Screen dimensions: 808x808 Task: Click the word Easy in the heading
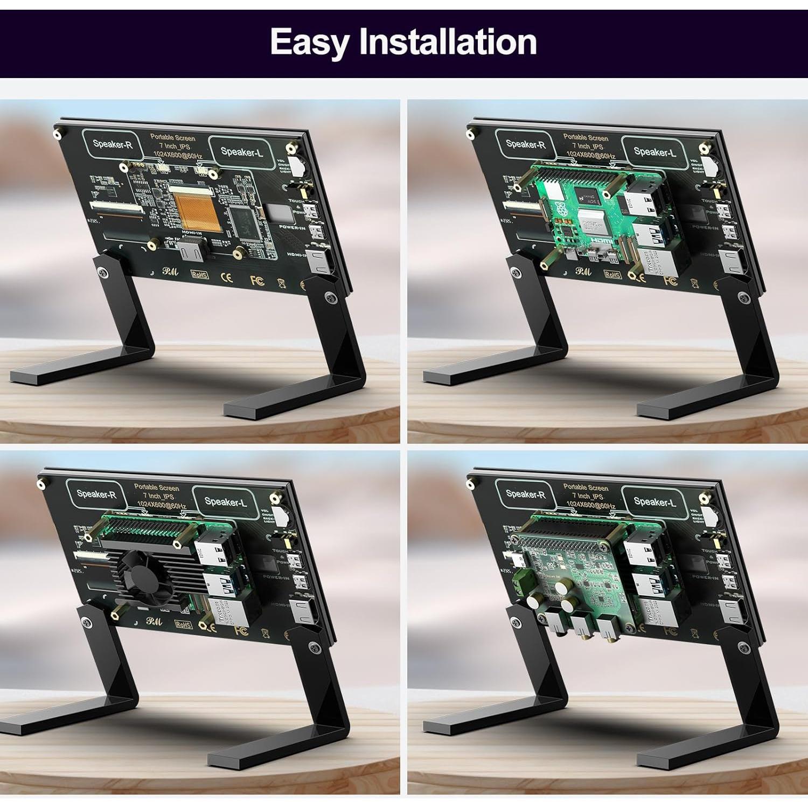(x=309, y=42)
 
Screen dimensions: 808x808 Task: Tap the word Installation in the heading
(x=448, y=41)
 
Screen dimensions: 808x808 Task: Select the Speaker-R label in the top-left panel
(x=112, y=144)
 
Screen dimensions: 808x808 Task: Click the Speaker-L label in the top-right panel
(x=654, y=152)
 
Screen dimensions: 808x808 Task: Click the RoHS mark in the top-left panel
(x=200, y=274)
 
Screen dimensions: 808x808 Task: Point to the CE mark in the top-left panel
(x=227, y=277)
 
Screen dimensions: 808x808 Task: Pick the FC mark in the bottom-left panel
(x=241, y=629)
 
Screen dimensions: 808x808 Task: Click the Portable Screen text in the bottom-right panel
(x=586, y=487)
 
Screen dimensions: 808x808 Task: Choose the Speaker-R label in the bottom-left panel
(x=96, y=493)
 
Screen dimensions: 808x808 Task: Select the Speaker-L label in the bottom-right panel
(x=654, y=502)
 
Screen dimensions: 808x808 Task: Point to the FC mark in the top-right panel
(x=670, y=281)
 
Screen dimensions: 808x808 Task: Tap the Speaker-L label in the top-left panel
(x=241, y=152)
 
